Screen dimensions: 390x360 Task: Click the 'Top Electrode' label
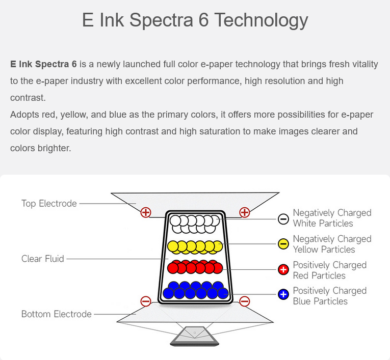49,204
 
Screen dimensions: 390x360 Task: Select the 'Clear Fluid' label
42,259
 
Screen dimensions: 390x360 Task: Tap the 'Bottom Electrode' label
57,314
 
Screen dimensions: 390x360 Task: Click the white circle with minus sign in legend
283,219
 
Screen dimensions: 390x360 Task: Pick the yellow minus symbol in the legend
283,244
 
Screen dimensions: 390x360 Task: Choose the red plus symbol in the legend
283,269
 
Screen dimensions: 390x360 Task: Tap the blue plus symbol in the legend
283,294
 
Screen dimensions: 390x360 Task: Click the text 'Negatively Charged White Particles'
332,218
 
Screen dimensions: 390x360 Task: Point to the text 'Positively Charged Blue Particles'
329,296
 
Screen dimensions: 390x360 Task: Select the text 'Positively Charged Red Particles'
329,270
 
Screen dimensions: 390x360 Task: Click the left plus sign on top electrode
146,212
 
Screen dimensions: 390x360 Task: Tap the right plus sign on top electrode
245,212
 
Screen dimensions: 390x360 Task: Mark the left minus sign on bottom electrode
146,301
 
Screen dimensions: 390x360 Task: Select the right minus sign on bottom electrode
245,301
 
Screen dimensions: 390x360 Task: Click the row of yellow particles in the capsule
195,247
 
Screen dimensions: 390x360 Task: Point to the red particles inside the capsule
195,267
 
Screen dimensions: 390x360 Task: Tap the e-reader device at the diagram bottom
195,336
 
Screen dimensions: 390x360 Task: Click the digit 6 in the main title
203,20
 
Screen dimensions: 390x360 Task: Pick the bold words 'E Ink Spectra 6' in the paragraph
43,64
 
